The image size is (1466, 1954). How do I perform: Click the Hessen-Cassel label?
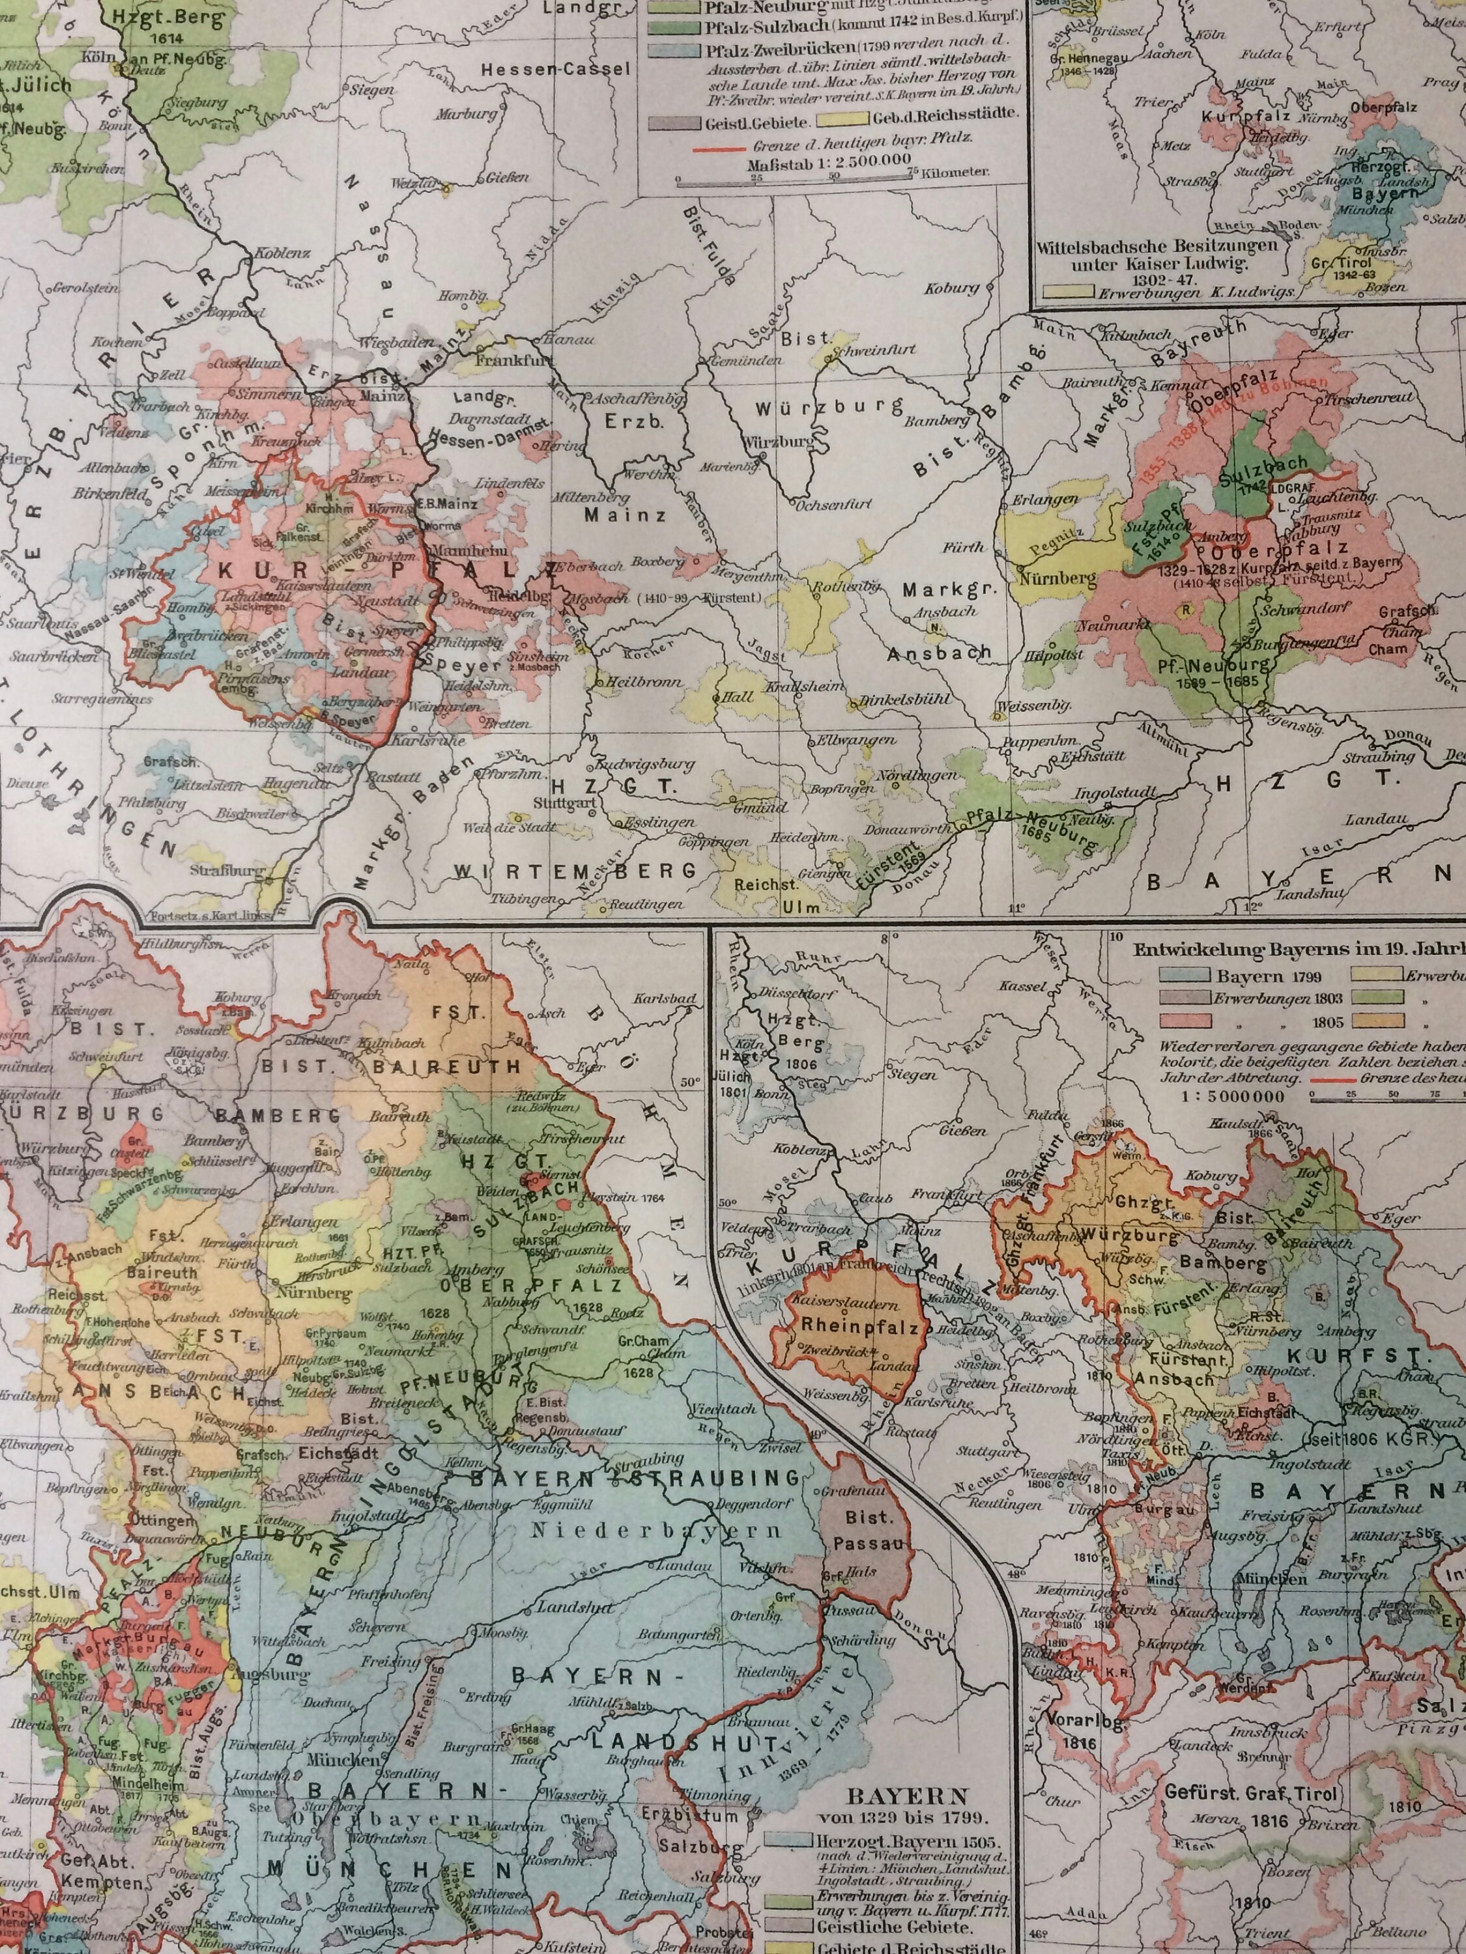point(556,70)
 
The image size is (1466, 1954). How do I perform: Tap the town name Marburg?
point(466,114)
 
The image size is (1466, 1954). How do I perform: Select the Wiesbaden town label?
point(397,342)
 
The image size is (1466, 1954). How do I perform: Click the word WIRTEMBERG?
point(575,872)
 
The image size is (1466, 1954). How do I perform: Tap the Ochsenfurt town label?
point(833,504)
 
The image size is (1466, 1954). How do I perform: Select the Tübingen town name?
point(524,899)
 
